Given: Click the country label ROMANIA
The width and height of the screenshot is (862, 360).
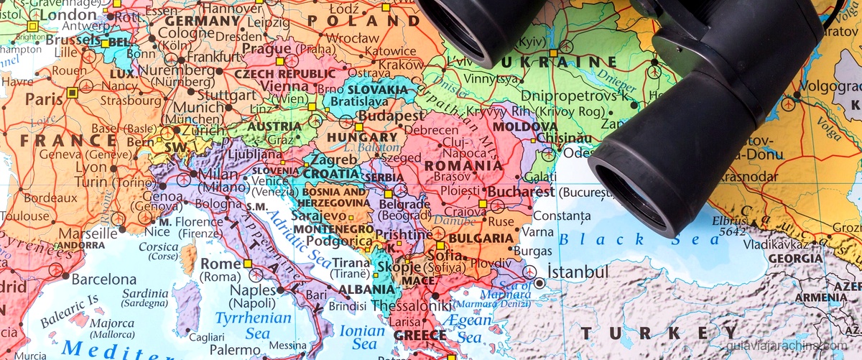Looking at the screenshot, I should click(463, 166).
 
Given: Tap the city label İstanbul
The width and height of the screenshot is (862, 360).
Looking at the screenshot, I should click(578, 272).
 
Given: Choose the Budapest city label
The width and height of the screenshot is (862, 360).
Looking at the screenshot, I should click(391, 116).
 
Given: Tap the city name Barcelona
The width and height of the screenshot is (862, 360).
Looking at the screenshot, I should click(103, 279).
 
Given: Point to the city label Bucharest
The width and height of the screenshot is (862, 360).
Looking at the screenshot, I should click(517, 193).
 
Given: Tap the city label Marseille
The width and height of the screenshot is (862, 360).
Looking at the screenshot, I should click(88, 233).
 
